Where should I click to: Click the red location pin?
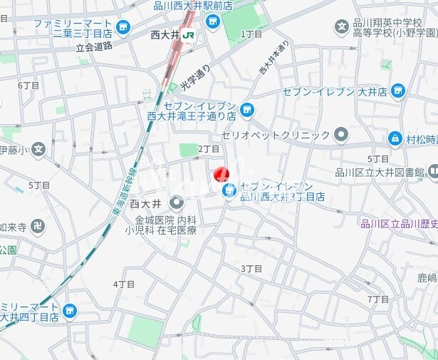point(221,174)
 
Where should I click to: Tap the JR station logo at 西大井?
point(189,34)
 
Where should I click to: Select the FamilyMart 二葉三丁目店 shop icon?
point(124,28)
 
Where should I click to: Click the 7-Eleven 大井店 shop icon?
point(397,91)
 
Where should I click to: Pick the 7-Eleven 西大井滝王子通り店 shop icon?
point(246,109)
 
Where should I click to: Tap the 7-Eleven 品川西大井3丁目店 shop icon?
point(229,190)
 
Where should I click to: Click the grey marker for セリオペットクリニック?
point(342,135)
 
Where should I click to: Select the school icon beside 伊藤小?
point(38,150)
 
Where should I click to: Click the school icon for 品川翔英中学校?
point(342,28)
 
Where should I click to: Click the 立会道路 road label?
point(94,46)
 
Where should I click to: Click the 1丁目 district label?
point(251,34)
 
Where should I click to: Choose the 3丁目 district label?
point(251,268)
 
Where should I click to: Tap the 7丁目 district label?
point(378,299)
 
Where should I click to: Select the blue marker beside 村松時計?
point(395,138)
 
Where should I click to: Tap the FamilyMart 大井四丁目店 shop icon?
point(69,311)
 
